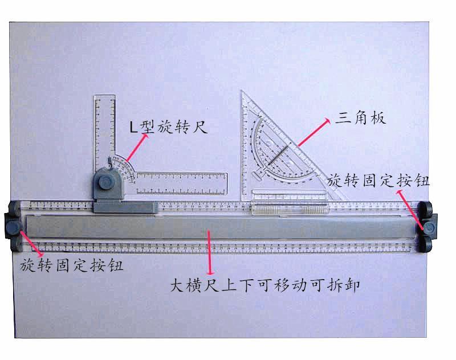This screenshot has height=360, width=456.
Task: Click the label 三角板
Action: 361,118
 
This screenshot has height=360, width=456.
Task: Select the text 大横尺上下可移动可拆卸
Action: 266,284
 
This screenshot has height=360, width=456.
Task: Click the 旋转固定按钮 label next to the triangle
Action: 379,181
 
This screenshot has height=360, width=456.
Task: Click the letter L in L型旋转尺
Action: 133,127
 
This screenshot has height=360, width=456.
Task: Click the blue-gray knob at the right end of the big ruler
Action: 430,227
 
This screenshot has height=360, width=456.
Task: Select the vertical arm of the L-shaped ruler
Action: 104,131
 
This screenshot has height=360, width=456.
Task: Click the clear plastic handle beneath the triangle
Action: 290,208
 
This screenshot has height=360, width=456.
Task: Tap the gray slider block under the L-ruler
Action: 125,207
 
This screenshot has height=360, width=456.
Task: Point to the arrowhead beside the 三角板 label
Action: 327,121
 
